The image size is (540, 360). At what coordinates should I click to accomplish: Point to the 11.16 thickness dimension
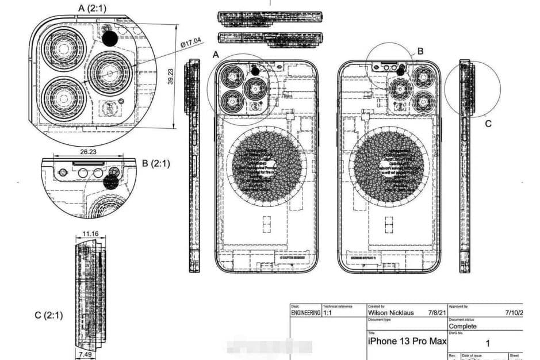point(90,233)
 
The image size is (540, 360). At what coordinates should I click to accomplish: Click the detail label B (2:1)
point(155,163)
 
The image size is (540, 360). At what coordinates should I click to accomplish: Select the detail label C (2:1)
point(49,315)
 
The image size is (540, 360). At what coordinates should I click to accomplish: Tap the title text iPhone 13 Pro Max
point(407,342)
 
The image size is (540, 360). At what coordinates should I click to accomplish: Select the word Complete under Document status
point(462,326)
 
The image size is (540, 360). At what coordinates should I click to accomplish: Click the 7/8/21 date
point(436,313)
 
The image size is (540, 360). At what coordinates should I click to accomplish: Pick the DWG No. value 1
point(487,343)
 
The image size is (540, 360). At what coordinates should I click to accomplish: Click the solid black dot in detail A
point(109,39)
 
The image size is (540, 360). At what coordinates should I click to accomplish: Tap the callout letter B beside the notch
point(420,51)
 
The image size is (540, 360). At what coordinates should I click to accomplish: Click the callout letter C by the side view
point(488,123)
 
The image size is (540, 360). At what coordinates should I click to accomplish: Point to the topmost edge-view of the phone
point(270,17)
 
